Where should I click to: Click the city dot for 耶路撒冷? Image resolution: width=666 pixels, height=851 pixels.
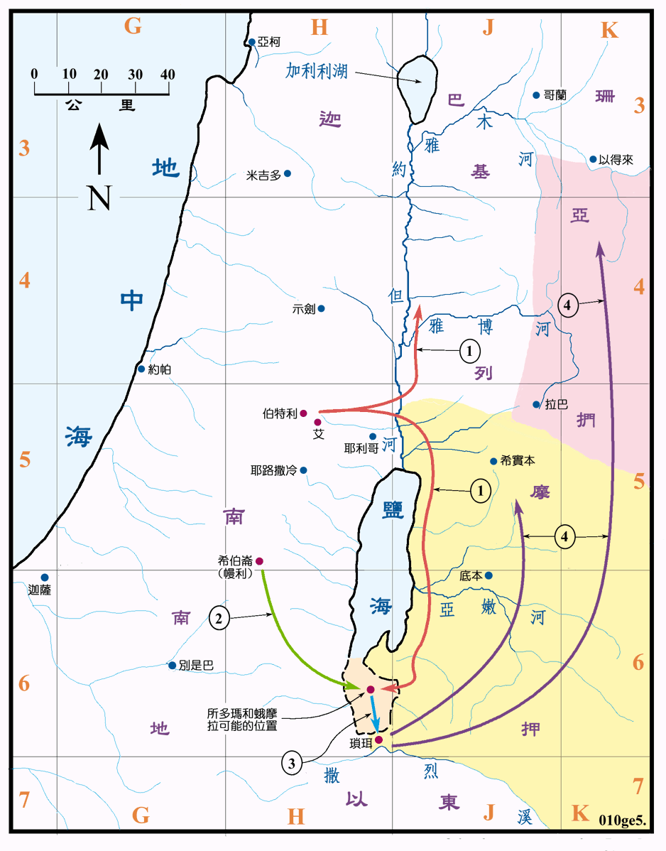[x=304, y=470]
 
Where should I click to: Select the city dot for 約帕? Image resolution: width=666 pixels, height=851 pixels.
[x=141, y=369]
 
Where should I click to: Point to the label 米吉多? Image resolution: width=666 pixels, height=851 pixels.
[x=263, y=174]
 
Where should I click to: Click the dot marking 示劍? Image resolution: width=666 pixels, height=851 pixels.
[x=321, y=308]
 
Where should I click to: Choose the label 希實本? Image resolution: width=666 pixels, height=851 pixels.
[x=518, y=460]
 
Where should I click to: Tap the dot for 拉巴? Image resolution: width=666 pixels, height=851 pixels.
[x=536, y=404]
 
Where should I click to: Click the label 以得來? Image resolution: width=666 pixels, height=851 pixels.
[x=616, y=160]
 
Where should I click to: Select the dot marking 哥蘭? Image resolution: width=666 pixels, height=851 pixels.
[x=536, y=94]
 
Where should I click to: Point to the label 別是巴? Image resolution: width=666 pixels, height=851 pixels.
[x=196, y=666]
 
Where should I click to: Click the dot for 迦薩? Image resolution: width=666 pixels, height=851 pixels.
[x=44, y=577]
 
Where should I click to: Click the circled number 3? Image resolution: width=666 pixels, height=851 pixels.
[x=292, y=764]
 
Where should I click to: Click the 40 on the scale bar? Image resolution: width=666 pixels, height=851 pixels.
[x=168, y=75]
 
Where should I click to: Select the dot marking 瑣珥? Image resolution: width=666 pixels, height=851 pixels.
[x=378, y=739]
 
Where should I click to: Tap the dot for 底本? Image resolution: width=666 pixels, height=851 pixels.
[x=488, y=575]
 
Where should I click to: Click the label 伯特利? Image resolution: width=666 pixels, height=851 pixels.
[x=279, y=413]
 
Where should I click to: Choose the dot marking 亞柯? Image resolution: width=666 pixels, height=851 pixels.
[x=251, y=43]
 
